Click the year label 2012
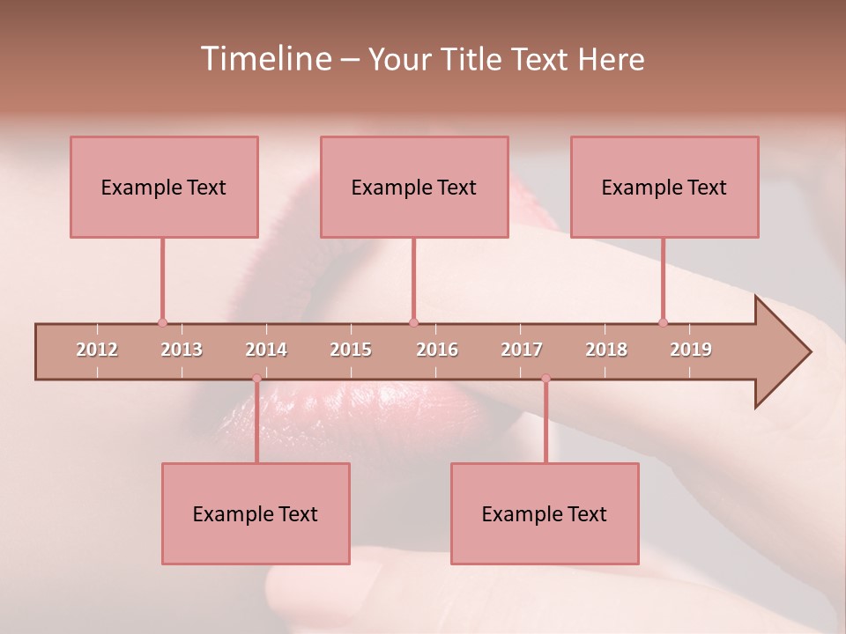(97, 350)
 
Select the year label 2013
(182, 350)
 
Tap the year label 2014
(266, 350)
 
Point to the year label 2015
(351, 350)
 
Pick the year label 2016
(437, 350)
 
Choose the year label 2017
(522, 350)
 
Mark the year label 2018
(606, 350)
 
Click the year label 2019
(691, 350)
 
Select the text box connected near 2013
(164, 187)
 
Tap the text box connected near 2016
(414, 187)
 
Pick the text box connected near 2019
(664, 187)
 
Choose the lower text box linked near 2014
(256, 513)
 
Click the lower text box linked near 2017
(545, 513)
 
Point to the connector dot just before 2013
(162, 323)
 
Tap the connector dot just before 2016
(413, 323)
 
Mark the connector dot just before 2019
(663, 323)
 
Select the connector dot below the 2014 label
(256, 379)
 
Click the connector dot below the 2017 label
(545, 379)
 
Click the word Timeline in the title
(264, 59)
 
